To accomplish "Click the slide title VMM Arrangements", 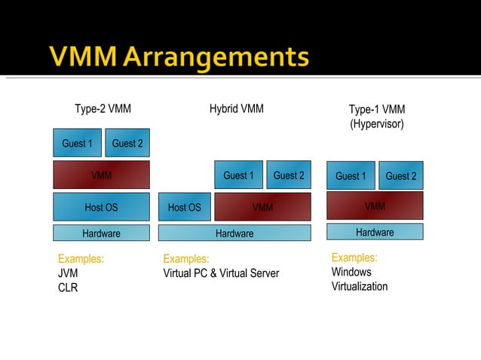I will (x=179, y=56).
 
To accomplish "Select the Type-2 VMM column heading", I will (x=103, y=108).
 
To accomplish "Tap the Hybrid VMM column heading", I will (x=237, y=108).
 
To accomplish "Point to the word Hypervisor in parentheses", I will (x=377, y=124).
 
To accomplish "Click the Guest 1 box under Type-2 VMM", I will (x=77, y=143).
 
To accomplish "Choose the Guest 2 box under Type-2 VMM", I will (x=127, y=143).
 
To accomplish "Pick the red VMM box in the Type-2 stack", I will (x=101, y=175).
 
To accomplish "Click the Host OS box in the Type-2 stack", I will (x=101, y=207).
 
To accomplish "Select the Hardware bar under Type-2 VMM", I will (x=101, y=233).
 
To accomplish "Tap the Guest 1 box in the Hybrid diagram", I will (x=239, y=175).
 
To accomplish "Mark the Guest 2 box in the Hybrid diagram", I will (x=289, y=175).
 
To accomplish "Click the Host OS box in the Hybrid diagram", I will (x=185, y=207).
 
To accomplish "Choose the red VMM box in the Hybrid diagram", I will (x=262, y=207).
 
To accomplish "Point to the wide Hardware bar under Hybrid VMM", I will (x=234, y=233).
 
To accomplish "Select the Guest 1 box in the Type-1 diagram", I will (x=351, y=175).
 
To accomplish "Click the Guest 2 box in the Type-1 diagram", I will (x=401, y=175).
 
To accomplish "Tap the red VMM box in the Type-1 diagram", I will (x=375, y=206).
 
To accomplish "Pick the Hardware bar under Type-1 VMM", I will (x=375, y=232).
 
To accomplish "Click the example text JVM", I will (x=68, y=273).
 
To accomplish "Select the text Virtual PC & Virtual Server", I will (x=221, y=273).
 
